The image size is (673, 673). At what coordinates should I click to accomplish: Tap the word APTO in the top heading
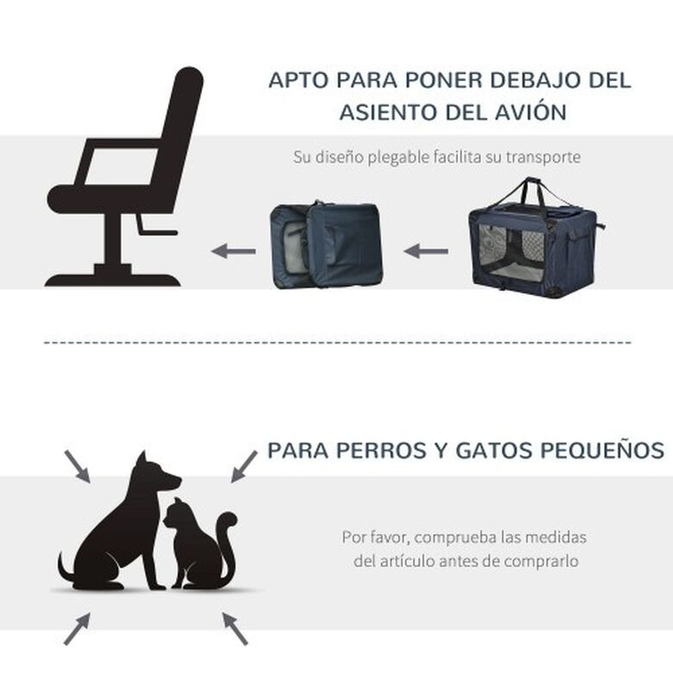295,80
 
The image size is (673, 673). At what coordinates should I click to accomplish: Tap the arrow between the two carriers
426,252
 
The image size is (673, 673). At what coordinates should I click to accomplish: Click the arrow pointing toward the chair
233,252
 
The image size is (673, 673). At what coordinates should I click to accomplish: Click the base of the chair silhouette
113,278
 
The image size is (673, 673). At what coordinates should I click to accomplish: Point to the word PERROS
379,450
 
